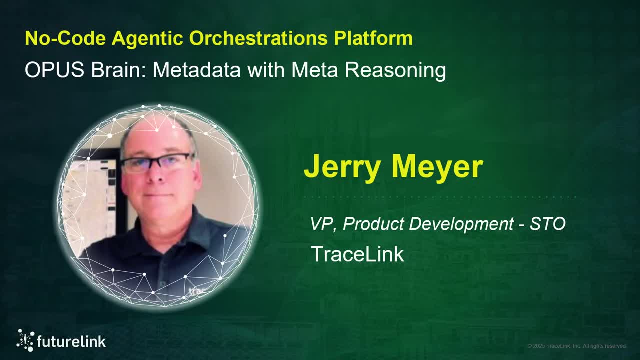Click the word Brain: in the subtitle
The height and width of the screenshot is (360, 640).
coord(119,70)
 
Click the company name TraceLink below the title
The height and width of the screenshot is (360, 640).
coord(357,254)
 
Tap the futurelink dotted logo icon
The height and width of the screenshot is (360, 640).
coord(25,340)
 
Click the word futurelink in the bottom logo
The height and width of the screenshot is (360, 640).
coord(71,342)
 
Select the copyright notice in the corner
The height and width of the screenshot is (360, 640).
coord(576,346)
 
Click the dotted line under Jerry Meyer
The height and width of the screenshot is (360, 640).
coord(440,197)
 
